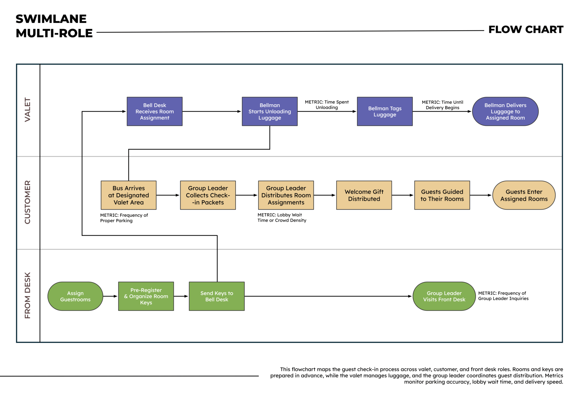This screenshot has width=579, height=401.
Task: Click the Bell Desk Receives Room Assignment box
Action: tap(154, 111)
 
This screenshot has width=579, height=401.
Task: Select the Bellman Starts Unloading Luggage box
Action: tap(270, 111)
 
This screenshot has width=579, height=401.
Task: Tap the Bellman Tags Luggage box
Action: tap(384, 111)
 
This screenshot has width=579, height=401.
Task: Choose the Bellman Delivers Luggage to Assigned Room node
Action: tap(505, 111)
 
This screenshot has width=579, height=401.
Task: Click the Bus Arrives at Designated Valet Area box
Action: tap(128, 195)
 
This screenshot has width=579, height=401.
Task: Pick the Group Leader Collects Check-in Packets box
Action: tap(208, 195)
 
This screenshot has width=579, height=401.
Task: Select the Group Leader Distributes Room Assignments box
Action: tap(286, 195)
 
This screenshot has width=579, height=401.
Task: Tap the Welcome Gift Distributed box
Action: tap(364, 195)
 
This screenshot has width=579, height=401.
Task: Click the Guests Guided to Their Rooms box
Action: tap(442, 195)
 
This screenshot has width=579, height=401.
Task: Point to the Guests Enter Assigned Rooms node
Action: tap(524, 195)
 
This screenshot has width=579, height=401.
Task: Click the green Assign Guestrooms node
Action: tap(75, 296)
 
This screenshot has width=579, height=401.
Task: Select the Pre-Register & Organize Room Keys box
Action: tap(146, 296)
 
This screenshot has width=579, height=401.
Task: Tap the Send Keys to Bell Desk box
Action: tap(217, 296)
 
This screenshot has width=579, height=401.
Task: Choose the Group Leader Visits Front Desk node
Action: tap(444, 296)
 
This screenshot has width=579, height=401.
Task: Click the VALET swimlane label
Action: tap(27, 110)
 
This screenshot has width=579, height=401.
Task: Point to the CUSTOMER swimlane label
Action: tap(27, 202)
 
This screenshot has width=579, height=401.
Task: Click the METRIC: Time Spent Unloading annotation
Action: tap(327, 105)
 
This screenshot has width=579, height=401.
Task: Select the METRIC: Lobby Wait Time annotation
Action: tap(282, 218)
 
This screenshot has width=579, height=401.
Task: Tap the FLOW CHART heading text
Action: tap(526, 30)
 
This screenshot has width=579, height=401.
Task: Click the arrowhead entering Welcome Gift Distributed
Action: tap(334, 195)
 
